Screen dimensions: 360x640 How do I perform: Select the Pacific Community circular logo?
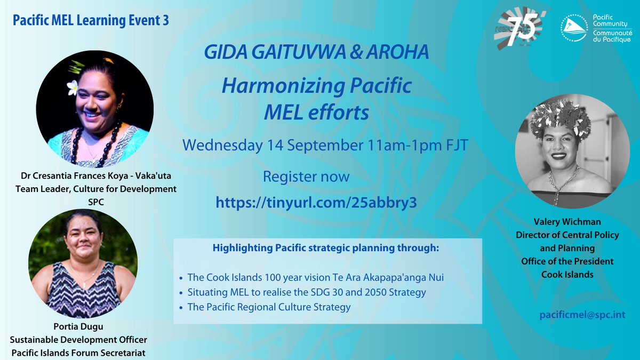pos(575,30)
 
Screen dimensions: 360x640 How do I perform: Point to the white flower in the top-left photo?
pos(73,87)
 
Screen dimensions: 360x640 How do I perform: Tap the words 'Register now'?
pos(307,176)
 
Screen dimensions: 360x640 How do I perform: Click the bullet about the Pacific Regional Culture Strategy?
pos(269,307)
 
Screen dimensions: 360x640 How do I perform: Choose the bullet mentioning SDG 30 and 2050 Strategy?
pos(307,292)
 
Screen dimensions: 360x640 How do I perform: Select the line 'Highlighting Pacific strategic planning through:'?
pos(327,248)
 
